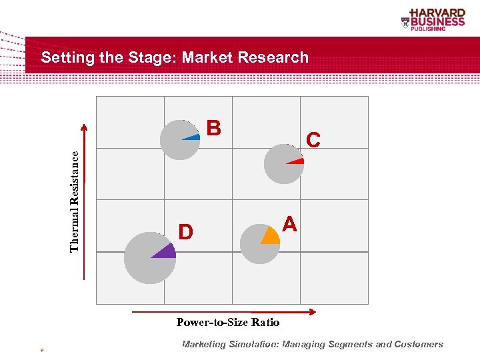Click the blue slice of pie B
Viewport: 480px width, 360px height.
click(x=193, y=137)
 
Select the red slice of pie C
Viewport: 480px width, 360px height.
click(x=297, y=161)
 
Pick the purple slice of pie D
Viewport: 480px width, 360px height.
click(x=167, y=251)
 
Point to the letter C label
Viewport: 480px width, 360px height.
click(x=313, y=140)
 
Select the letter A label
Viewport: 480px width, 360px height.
click(x=289, y=224)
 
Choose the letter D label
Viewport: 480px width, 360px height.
click(x=185, y=232)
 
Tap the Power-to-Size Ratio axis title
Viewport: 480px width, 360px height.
click(x=228, y=323)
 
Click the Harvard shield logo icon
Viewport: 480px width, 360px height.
click(x=405, y=22)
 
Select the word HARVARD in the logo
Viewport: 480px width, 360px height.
click(x=438, y=13)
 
